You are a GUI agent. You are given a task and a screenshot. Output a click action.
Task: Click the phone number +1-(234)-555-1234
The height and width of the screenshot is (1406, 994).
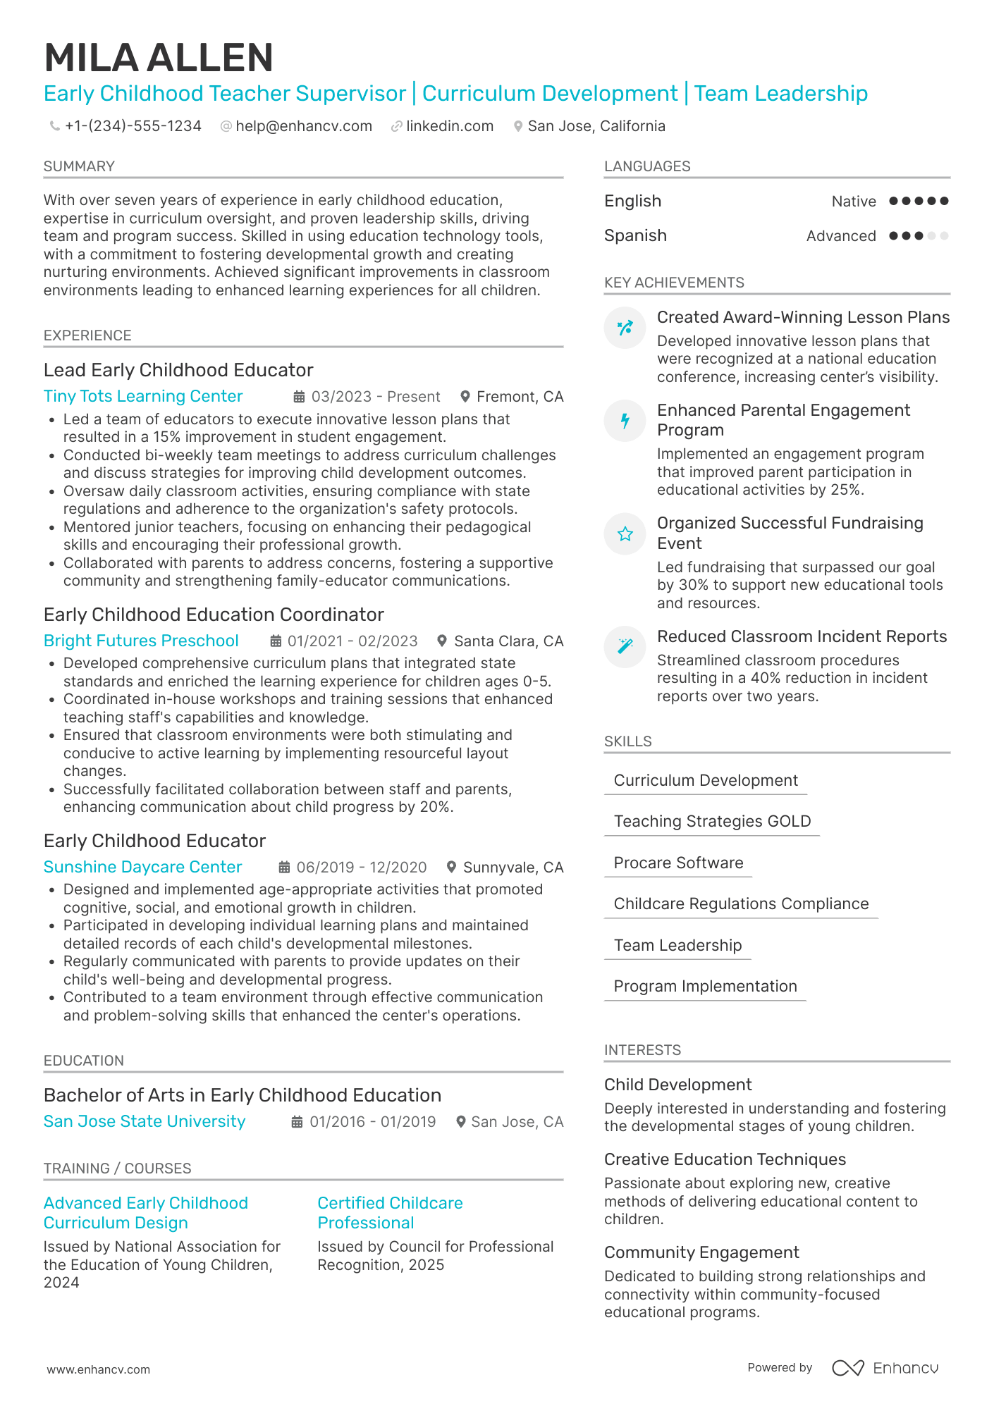pos(133,126)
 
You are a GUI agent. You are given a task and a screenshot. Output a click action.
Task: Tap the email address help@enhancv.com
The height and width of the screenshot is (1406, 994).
pos(304,126)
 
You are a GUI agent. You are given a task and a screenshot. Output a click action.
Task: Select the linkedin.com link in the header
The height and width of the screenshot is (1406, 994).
pos(450,126)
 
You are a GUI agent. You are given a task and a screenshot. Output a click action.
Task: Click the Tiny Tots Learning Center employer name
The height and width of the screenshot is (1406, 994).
pos(143,396)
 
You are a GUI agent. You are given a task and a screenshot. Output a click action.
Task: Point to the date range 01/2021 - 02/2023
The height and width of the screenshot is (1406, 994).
pos(352,641)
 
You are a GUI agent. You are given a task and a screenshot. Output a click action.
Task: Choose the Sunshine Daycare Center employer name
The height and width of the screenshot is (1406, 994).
pos(142,867)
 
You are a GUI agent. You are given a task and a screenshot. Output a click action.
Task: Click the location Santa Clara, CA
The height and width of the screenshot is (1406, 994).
pos(508,641)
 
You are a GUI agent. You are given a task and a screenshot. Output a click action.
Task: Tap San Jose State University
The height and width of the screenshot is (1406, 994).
pos(145,1121)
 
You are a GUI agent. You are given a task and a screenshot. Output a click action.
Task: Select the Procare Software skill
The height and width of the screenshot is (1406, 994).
pos(678,863)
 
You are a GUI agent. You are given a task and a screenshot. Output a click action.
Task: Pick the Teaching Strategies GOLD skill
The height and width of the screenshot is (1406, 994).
pos(712,821)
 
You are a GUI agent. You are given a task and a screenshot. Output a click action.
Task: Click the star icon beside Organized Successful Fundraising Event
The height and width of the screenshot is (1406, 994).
pos(625,534)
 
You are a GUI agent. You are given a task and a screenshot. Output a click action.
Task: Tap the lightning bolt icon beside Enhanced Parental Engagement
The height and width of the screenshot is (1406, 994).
pos(625,421)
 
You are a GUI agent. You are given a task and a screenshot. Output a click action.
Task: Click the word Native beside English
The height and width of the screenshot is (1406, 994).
pos(854,202)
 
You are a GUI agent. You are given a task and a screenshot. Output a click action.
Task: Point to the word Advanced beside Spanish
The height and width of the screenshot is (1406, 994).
pos(841,236)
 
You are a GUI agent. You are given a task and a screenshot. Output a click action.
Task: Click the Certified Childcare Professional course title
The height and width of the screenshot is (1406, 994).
pos(390,1213)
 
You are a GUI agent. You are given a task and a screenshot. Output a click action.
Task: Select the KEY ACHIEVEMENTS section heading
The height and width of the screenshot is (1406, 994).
pos(674,283)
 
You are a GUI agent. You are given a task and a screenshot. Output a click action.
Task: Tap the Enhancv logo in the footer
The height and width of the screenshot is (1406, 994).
pos(885,1368)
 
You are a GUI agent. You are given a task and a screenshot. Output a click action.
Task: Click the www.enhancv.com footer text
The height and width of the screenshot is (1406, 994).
pos(99,1369)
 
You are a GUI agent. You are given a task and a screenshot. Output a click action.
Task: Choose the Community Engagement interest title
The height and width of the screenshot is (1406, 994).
pos(701,1252)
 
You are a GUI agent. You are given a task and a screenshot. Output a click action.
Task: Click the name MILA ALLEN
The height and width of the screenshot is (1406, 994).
pos(159,58)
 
